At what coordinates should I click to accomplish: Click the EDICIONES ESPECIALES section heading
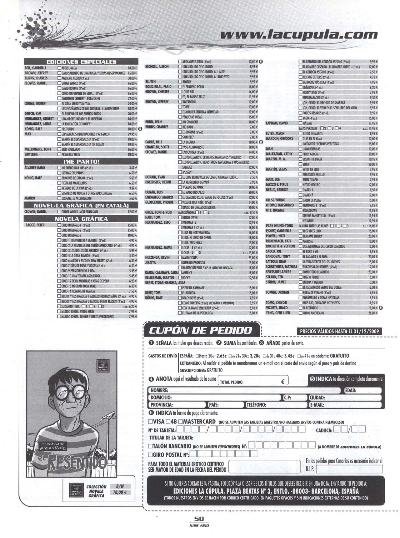click(x=81, y=62)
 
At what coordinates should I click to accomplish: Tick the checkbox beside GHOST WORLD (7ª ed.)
click(x=59, y=83)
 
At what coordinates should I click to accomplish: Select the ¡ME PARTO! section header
click(x=81, y=162)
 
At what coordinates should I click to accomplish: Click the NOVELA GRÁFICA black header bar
click(x=81, y=219)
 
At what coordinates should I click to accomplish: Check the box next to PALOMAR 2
click(x=180, y=222)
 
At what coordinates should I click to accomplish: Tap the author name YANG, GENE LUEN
click(x=278, y=313)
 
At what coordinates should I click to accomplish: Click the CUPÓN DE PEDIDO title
click(x=201, y=331)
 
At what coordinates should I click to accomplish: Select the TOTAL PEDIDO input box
click(x=252, y=382)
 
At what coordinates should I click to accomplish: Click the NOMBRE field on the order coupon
click(x=244, y=390)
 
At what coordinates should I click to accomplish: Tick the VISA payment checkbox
click(x=151, y=421)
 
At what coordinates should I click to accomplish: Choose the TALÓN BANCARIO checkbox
click(x=151, y=446)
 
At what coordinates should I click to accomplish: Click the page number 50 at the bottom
click(x=199, y=519)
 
